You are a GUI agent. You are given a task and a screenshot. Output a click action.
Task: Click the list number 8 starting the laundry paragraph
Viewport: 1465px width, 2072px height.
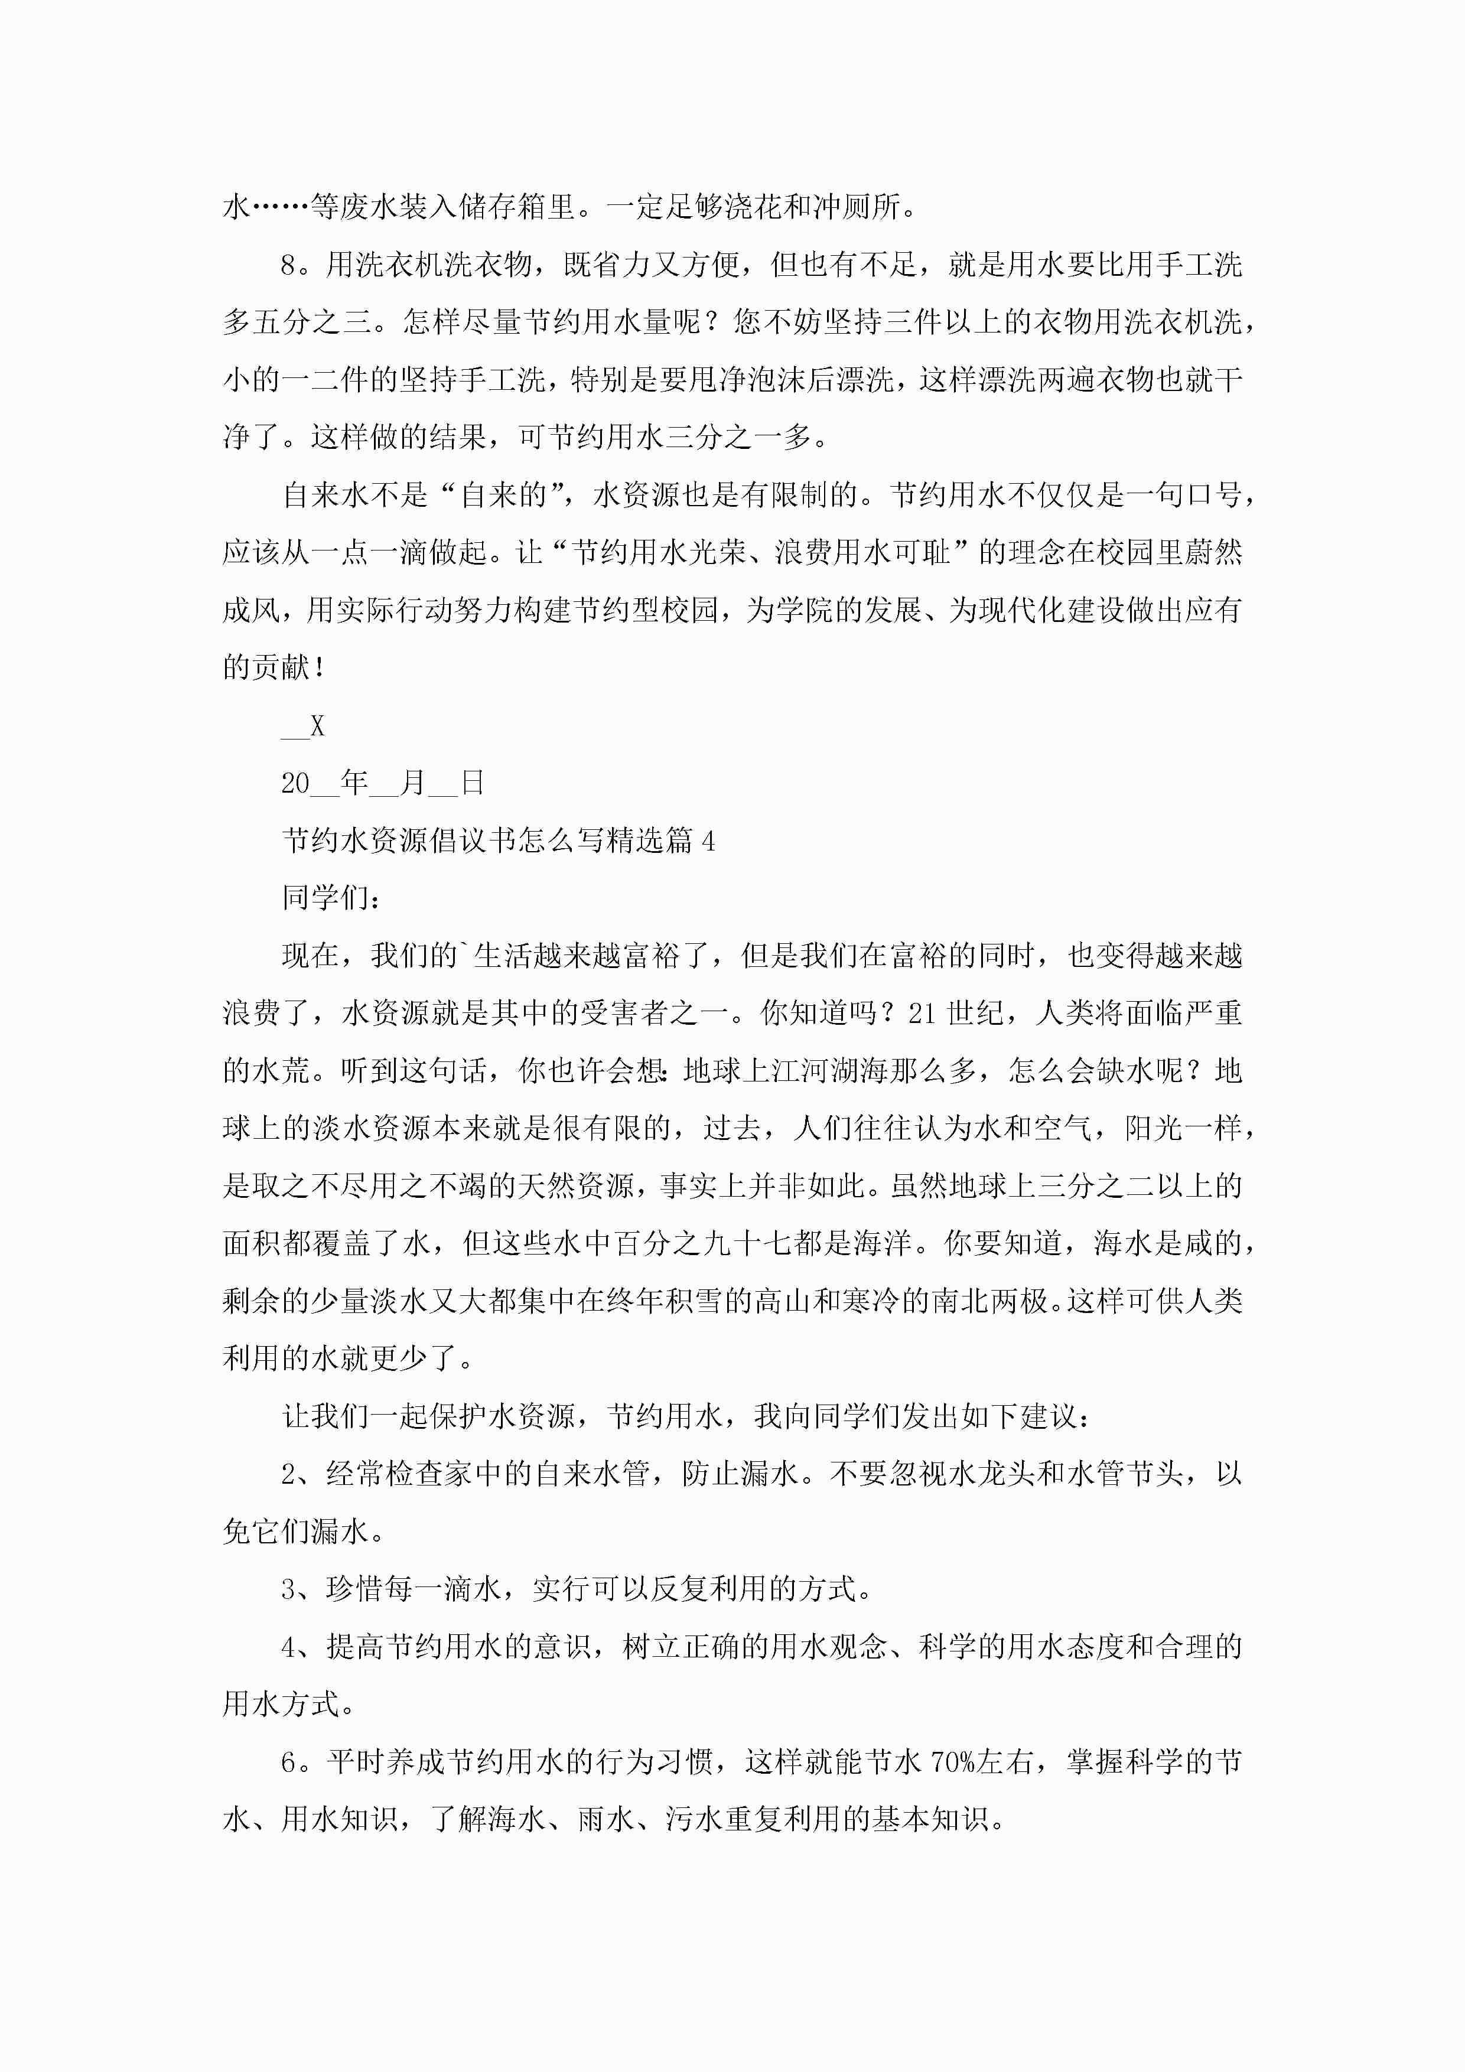coord(289,265)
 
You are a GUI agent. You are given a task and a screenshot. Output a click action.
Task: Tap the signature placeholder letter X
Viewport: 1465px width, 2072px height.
coord(317,726)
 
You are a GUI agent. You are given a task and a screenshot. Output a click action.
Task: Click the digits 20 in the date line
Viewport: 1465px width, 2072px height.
coord(295,783)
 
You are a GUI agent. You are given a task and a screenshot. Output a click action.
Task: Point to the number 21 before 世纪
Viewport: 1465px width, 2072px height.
coord(922,1014)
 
